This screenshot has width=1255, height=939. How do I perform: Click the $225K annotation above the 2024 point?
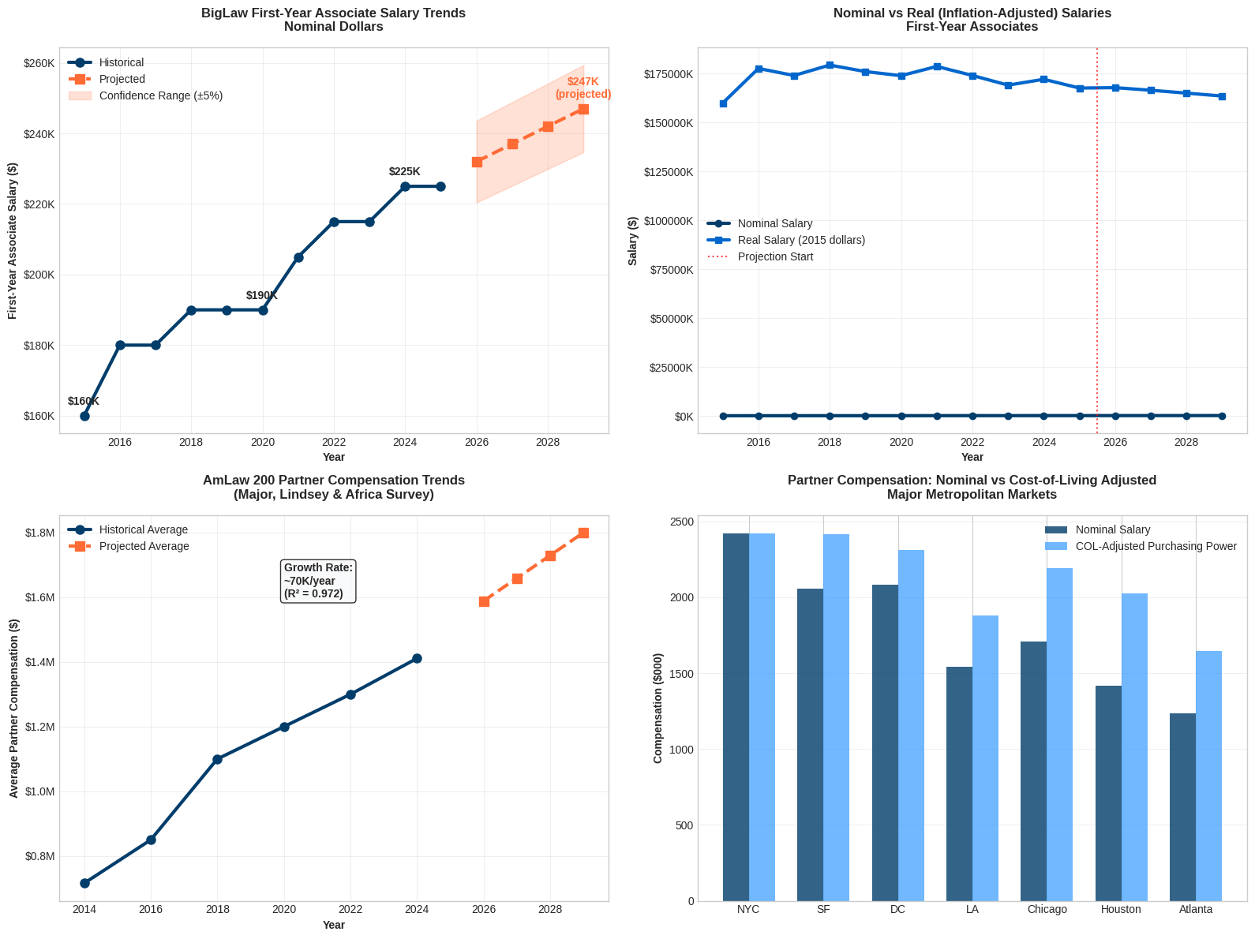point(404,171)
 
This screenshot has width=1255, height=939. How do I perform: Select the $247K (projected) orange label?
point(583,88)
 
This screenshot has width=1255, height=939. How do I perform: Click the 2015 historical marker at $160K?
point(84,416)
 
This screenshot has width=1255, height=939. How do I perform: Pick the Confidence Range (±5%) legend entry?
point(160,95)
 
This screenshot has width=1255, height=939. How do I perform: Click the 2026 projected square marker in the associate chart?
point(477,162)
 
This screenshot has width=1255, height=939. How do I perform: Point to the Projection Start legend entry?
point(774,256)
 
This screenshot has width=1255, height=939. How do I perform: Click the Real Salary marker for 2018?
point(830,65)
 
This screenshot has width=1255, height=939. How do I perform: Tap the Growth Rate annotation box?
point(318,581)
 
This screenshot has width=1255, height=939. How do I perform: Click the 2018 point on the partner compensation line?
point(217,759)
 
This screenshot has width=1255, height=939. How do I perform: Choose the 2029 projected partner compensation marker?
point(583,533)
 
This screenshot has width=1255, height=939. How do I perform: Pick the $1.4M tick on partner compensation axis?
point(39,662)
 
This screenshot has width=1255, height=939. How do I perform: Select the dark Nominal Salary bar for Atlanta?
point(1182,806)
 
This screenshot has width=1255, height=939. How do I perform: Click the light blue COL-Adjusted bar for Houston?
point(1134,746)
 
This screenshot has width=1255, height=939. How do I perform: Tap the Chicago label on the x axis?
point(1047,909)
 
